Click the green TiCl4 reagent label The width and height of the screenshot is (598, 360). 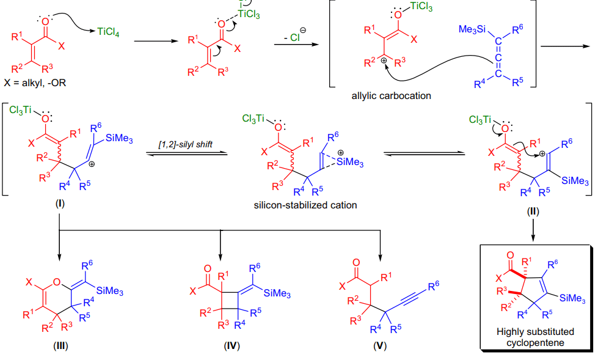click(x=108, y=32)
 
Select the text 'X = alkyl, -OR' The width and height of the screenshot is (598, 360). click(x=35, y=83)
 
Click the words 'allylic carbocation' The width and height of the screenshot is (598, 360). click(x=392, y=96)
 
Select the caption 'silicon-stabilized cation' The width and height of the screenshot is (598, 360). click(x=305, y=205)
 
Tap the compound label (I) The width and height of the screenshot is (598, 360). click(x=60, y=204)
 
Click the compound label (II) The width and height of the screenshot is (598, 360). click(x=533, y=211)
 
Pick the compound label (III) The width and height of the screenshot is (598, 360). click(x=60, y=346)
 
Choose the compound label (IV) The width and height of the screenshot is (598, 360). click(x=232, y=346)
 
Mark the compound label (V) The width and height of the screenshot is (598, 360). click(x=380, y=346)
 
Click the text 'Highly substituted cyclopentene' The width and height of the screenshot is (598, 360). click(x=535, y=337)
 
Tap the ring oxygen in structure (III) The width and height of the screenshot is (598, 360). click(x=57, y=282)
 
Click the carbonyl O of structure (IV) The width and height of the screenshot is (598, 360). click(x=208, y=269)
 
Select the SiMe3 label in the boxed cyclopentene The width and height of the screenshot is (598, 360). click(x=572, y=298)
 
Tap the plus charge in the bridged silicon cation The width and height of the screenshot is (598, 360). click(x=340, y=153)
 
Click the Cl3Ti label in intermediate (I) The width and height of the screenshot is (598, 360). click(x=20, y=111)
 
